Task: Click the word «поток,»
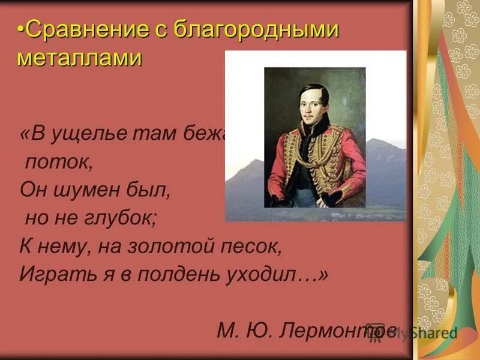pos(59,162)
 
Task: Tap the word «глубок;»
pos(126,218)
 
